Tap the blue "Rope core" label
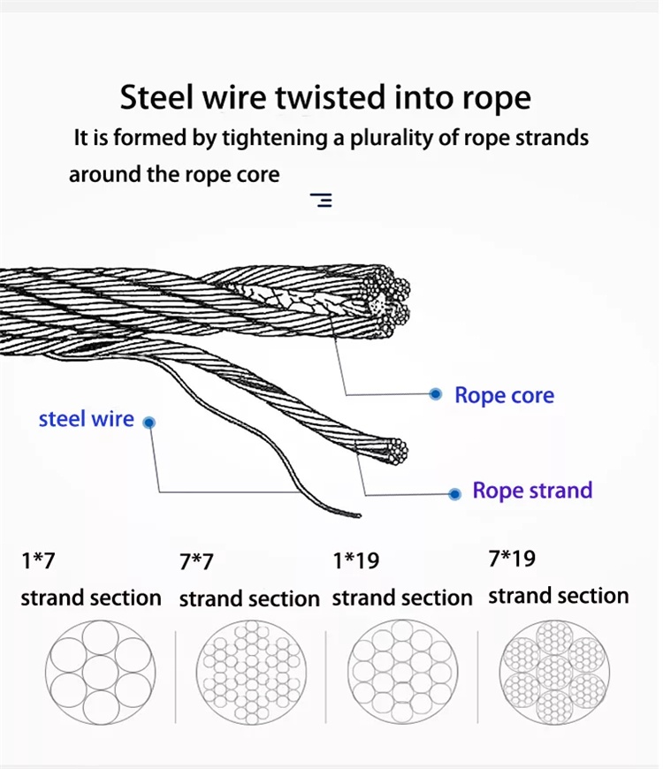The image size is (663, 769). [x=504, y=395]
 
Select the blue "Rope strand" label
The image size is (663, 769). [x=532, y=491]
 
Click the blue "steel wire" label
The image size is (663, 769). [x=86, y=419]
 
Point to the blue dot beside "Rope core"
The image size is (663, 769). [x=435, y=394]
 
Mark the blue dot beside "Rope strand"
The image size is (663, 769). [x=454, y=493]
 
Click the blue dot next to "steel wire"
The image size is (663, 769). [x=149, y=423]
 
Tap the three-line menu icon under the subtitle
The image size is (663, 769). [x=322, y=200]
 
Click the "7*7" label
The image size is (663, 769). [x=196, y=562]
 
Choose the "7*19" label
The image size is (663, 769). [x=512, y=559]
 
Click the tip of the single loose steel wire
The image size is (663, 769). [x=357, y=514]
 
